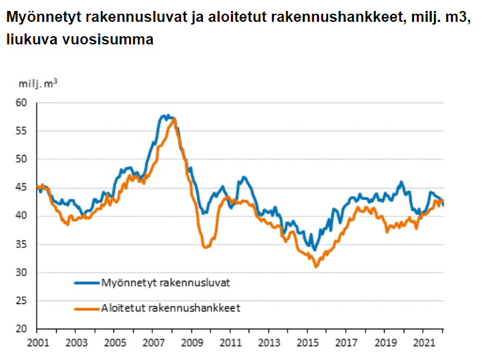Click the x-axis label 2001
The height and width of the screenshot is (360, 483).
pyautogui.click(x=38, y=342)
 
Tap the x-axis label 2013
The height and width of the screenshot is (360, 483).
pyautogui.click(x=268, y=342)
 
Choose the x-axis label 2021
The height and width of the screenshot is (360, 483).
pyautogui.click(x=424, y=342)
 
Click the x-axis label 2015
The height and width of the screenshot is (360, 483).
pyautogui.click(x=307, y=342)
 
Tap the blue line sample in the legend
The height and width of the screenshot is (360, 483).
pyautogui.click(x=85, y=281)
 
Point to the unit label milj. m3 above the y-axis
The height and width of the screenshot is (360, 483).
pyautogui.click(x=38, y=83)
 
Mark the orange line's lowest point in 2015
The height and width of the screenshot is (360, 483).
pyautogui.click(x=316, y=266)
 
